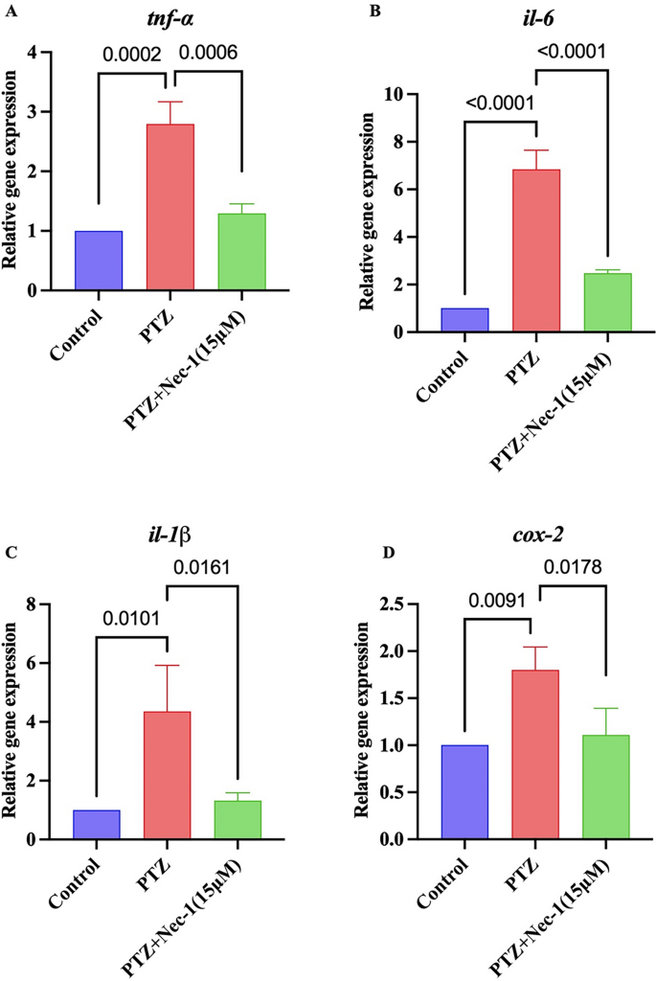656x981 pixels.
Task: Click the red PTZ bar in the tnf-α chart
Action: point(170,207)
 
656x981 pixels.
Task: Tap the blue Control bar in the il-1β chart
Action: point(97,824)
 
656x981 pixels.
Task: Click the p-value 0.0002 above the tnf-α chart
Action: point(133,55)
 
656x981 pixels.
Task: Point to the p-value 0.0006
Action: point(209,55)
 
